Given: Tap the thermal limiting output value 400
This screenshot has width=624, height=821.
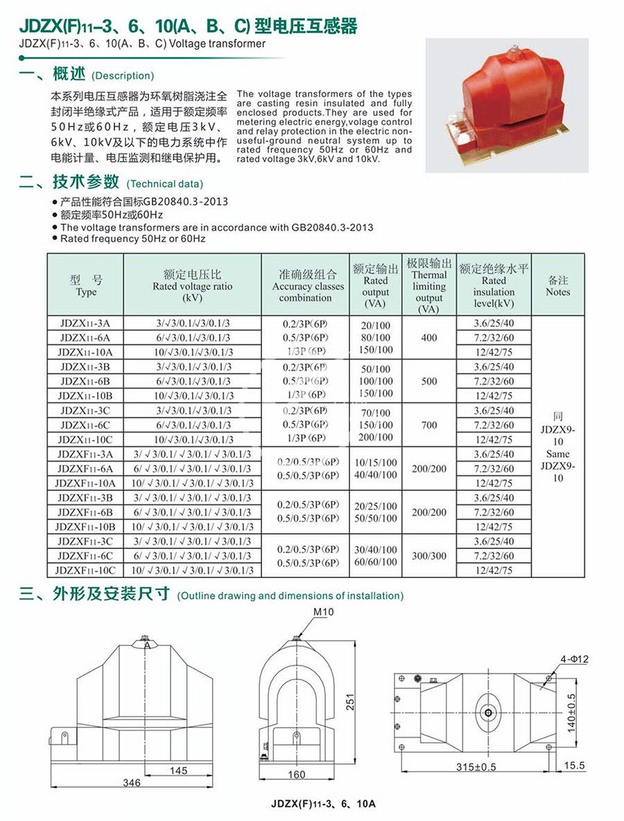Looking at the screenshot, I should (x=429, y=337).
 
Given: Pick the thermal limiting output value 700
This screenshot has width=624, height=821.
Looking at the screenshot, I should (x=429, y=425).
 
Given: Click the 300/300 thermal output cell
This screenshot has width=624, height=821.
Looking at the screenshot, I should (x=429, y=556).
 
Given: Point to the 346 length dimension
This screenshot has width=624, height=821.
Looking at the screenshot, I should (x=131, y=783).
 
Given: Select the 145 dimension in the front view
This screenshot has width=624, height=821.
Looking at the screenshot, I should (x=178, y=771).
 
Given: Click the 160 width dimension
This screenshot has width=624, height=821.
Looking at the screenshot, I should (x=296, y=775).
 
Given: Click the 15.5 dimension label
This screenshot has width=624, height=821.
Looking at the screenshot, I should (x=575, y=765).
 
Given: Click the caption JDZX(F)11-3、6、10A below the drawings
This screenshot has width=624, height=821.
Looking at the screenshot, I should (x=323, y=804).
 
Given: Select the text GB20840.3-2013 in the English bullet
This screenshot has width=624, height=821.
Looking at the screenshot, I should (x=332, y=228).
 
